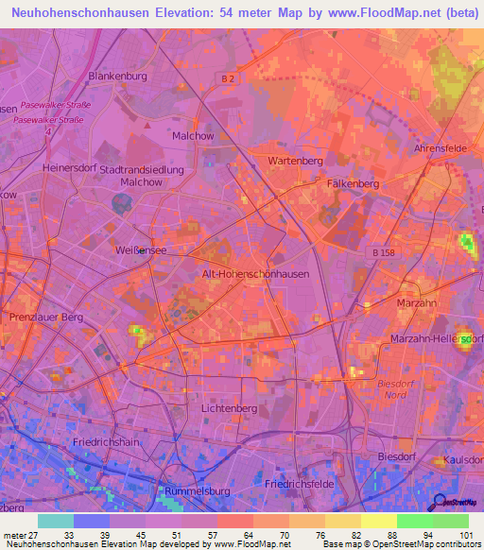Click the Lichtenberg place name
click(230, 407)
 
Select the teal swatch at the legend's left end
click(55, 521)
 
